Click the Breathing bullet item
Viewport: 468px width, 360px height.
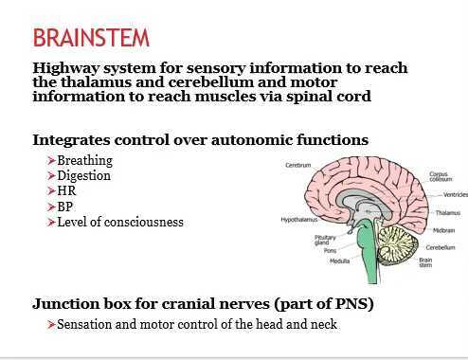(84, 161)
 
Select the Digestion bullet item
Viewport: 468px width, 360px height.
(83, 176)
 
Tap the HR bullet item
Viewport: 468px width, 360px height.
(66, 191)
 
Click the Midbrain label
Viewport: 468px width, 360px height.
(444, 230)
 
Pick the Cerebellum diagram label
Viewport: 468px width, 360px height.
(441, 247)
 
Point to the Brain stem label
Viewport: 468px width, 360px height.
(427, 262)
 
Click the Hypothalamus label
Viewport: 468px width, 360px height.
(298, 219)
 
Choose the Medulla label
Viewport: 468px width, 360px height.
(339, 261)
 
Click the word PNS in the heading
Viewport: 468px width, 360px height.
(349, 304)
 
